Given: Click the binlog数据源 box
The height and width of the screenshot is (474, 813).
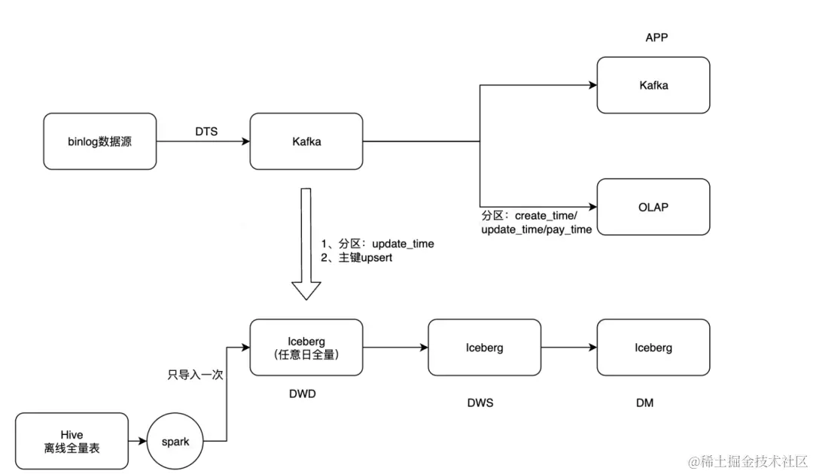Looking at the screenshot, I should click(99, 141).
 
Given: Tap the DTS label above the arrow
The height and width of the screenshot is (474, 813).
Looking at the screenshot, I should click(206, 132).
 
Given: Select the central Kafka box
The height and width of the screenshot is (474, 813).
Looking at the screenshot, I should click(306, 141).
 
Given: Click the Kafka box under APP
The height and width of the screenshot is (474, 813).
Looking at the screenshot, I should click(653, 85).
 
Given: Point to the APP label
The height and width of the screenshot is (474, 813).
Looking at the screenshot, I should click(656, 38).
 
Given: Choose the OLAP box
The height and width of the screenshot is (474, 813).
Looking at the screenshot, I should click(653, 207).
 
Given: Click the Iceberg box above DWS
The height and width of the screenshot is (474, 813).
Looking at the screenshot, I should click(484, 348).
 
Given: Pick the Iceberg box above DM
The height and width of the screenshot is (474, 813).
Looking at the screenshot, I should click(653, 348).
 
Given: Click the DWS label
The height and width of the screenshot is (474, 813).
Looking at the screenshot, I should click(480, 403).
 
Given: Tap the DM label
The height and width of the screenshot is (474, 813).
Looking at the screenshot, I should click(644, 403).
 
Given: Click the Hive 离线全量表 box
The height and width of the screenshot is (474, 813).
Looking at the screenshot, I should click(72, 442).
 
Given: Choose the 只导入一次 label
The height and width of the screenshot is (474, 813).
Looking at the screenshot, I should click(196, 374).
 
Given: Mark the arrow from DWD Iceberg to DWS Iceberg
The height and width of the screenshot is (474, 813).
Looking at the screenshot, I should click(395, 348).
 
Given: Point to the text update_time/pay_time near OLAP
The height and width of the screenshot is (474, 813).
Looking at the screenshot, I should click(536, 229).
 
